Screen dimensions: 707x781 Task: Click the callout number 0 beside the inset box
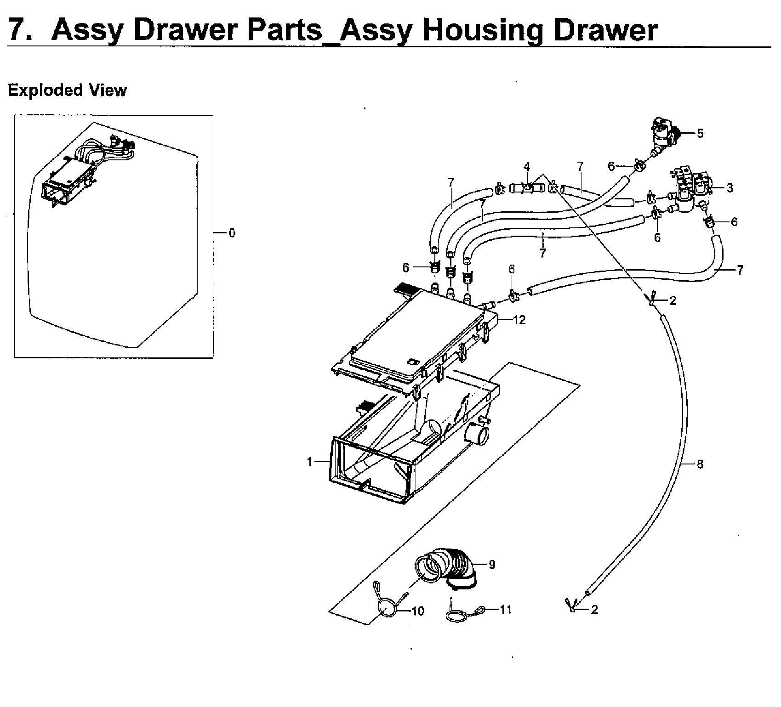coord(232,233)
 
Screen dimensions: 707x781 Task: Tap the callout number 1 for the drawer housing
coord(310,462)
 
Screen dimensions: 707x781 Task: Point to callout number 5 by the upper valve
coord(700,134)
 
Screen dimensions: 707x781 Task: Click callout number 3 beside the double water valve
coord(730,188)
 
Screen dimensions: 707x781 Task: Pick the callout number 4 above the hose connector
coord(527,166)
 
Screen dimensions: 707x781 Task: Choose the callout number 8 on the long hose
coord(700,464)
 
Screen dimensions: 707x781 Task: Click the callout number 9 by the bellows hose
coord(492,565)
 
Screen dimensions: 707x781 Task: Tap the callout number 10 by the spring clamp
coord(418,611)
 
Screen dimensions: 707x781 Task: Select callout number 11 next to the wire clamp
coord(505,610)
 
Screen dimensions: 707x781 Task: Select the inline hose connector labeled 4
coord(527,187)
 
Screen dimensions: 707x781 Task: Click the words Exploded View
coord(67,90)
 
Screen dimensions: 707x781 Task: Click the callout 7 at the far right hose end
coord(740,270)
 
